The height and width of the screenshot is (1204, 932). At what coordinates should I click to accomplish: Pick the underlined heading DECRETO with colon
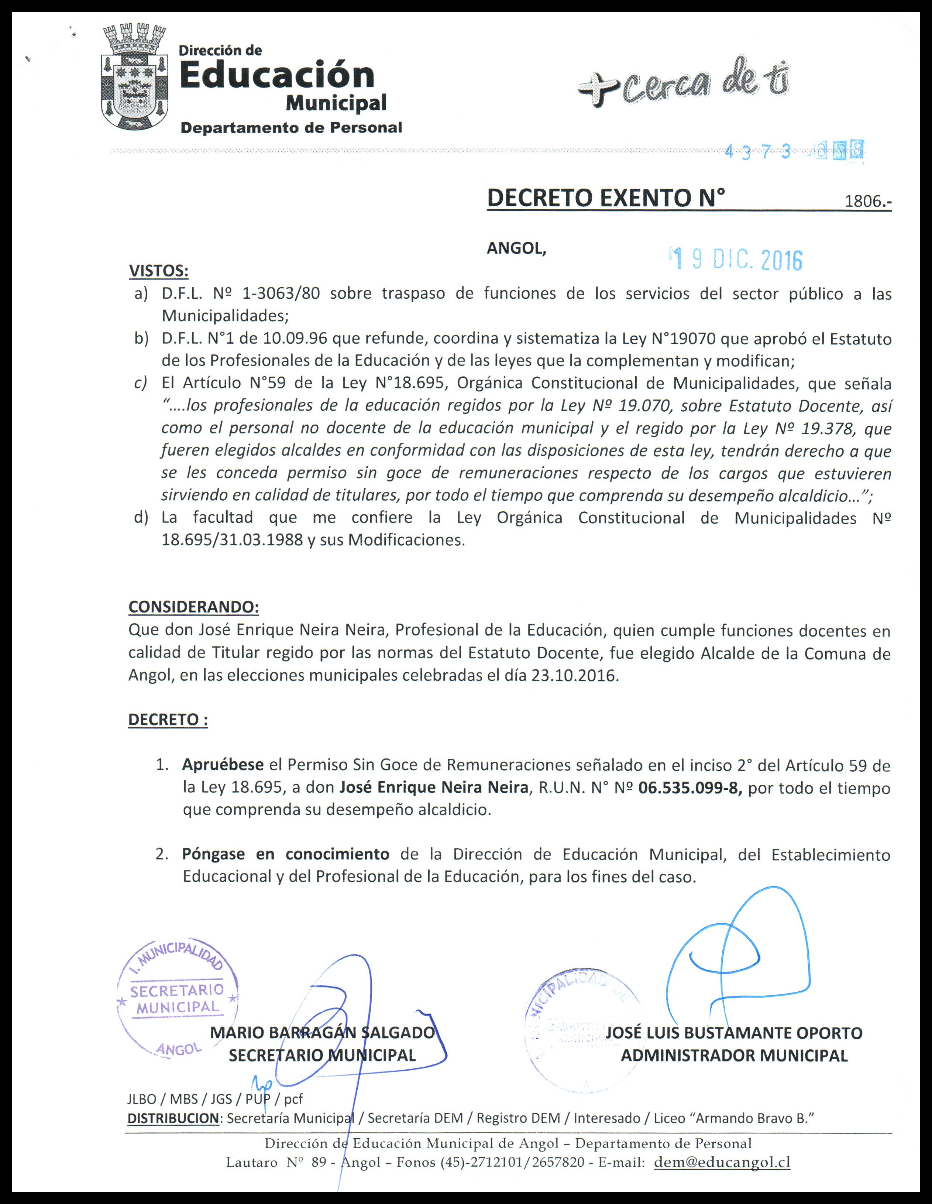click(168, 720)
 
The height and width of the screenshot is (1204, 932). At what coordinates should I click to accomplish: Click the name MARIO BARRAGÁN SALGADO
click(323, 1033)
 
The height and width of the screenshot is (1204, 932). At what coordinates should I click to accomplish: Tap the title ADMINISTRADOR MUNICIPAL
click(734, 1055)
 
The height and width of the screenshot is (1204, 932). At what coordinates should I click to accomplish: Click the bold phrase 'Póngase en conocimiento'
click(285, 854)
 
